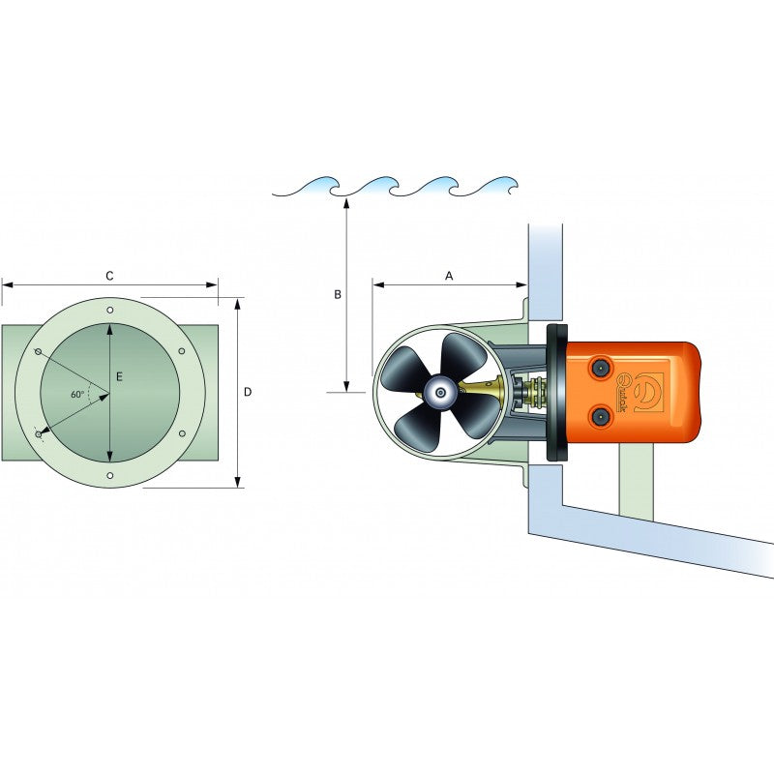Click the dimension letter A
pyautogui.click(x=449, y=276)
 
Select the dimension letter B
pyautogui.click(x=337, y=294)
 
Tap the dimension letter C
pyautogui.click(x=109, y=276)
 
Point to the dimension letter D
pyautogui.click(x=248, y=392)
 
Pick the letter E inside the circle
pyautogui.click(x=119, y=377)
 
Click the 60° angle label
pyautogui.click(x=77, y=395)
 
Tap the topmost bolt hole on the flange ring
pyautogui.click(x=110, y=310)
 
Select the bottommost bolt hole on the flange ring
pyautogui.click(x=110, y=475)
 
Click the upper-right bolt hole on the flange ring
pyautogui.click(x=182, y=351)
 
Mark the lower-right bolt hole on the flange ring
pyautogui.click(x=182, y=434)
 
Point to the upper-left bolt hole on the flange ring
pyautogui.click(x=39, y=351)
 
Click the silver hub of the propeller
pyautogui.click(x=440, y=392)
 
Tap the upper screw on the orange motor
pyautogui.click(x=601, y=367)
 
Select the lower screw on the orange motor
pyautogui.click(x=601, y=416)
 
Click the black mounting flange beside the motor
pyautogui.click(x=556, y=392)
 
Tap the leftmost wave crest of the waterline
pyautogui.click(x=314, y=182)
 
